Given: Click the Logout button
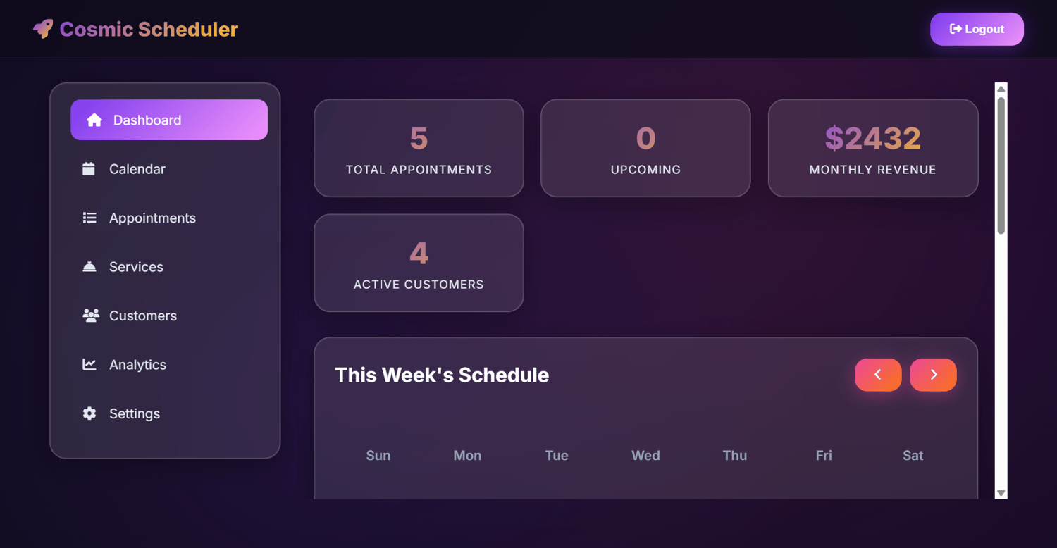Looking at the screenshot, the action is point(977,30).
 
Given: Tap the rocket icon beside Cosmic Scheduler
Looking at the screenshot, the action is point(43,29).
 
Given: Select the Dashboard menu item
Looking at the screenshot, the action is point(169,120).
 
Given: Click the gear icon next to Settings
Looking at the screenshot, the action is point(89,413).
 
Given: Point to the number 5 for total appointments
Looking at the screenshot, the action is point(419,138).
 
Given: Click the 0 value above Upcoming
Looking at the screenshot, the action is point(646,138).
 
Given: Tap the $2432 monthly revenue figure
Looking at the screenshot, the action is point(873,138).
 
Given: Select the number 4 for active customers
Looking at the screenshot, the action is point(419,254).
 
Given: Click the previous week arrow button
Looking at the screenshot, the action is point(878,375).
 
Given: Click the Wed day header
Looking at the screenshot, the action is point(645,456).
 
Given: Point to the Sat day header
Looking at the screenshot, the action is point(913,456).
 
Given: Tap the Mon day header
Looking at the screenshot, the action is point(468,456).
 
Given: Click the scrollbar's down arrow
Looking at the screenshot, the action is point(1001,493).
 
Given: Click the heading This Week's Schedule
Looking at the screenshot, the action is point(442,375).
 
